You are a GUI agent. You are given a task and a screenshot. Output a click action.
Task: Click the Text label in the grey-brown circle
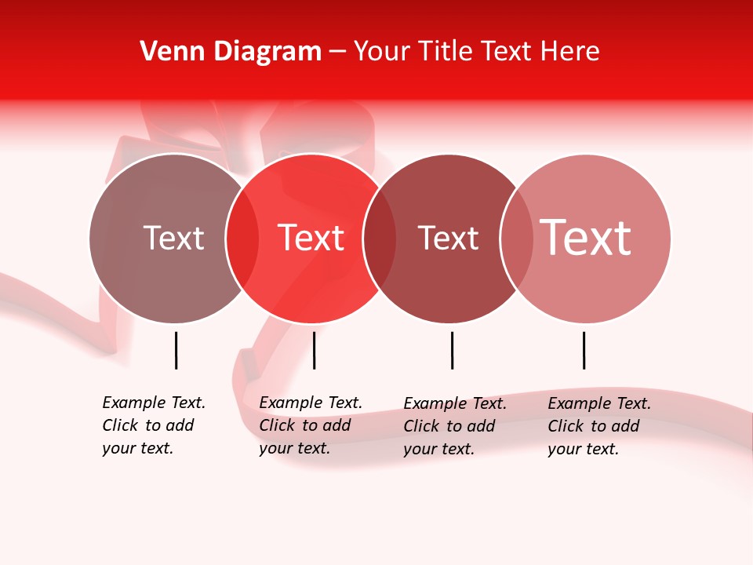pos(173,238)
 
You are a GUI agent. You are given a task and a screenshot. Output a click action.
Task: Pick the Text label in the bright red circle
pos(311,238)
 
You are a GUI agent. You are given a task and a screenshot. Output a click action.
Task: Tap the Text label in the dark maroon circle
pos(448,238)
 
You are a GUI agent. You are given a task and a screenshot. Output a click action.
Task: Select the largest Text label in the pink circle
pos(586,238)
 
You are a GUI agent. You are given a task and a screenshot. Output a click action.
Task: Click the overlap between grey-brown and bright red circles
pos(242,239)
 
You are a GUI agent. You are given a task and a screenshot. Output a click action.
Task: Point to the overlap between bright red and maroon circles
pos(380,239)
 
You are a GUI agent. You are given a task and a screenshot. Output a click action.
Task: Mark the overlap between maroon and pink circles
pos(517,239)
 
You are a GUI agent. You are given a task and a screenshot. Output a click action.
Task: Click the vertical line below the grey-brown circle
pos(176,350)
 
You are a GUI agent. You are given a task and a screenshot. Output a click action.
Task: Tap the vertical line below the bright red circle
pos(314,350)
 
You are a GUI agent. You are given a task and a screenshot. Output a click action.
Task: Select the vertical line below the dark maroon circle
pos(452,350)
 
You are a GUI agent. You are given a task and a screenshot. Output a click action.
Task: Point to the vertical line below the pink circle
pos(584,350)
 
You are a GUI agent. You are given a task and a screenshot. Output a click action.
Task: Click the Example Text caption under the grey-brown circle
pos(154,425)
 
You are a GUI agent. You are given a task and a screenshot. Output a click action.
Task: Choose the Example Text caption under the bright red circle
pos(311,425)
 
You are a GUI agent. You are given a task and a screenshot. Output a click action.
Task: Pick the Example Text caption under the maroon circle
pos(455,426)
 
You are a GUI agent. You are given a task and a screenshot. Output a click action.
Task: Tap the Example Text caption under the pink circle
pos(599,426)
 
